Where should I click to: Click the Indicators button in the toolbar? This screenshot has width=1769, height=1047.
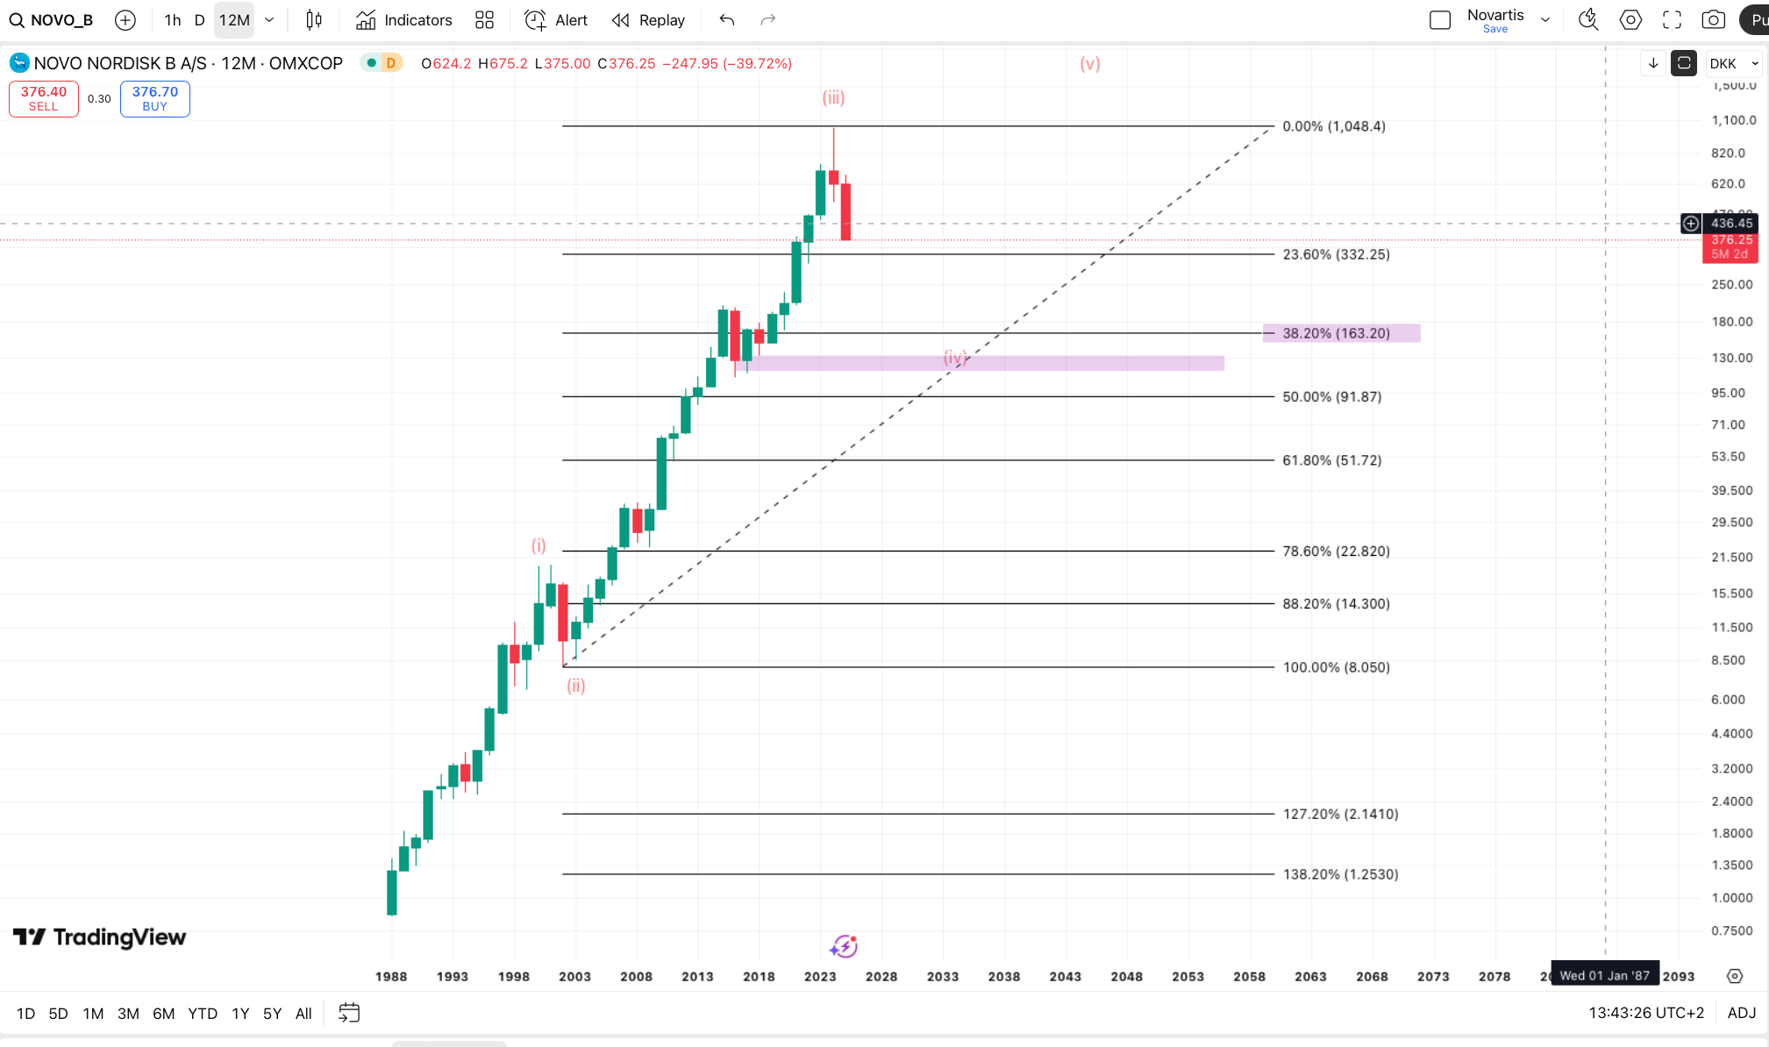(404, 20)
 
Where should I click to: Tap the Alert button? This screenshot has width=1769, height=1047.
(556, 20)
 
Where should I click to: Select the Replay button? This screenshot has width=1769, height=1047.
(648, 20)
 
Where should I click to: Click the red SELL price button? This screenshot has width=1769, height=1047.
(43, 98)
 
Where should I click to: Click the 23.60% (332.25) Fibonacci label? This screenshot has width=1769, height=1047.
(1336, 254)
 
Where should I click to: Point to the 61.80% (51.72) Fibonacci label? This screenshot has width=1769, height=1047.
(1331, 460)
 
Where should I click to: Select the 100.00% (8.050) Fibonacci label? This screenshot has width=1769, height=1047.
(1336, 667)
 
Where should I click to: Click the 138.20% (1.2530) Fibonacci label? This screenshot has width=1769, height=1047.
(1340, 874)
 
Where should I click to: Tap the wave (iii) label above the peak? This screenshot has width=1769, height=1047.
(833, 97)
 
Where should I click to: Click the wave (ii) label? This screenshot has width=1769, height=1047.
(575, 686)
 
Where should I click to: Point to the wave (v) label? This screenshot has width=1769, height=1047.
(1090, 63)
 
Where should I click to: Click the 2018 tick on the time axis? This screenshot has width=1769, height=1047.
(759, 976)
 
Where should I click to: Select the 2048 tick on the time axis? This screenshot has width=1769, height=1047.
(1126, 976)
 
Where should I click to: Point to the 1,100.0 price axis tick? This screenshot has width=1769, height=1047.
(1733, 120)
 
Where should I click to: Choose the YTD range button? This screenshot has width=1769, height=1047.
(203, 1014)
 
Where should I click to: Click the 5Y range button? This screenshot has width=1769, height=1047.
(272, 1014)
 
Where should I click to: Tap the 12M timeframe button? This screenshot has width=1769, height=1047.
(234, 20)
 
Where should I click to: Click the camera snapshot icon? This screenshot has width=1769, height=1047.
(1713, 20)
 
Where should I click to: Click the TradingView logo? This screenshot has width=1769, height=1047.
(100, 937)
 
